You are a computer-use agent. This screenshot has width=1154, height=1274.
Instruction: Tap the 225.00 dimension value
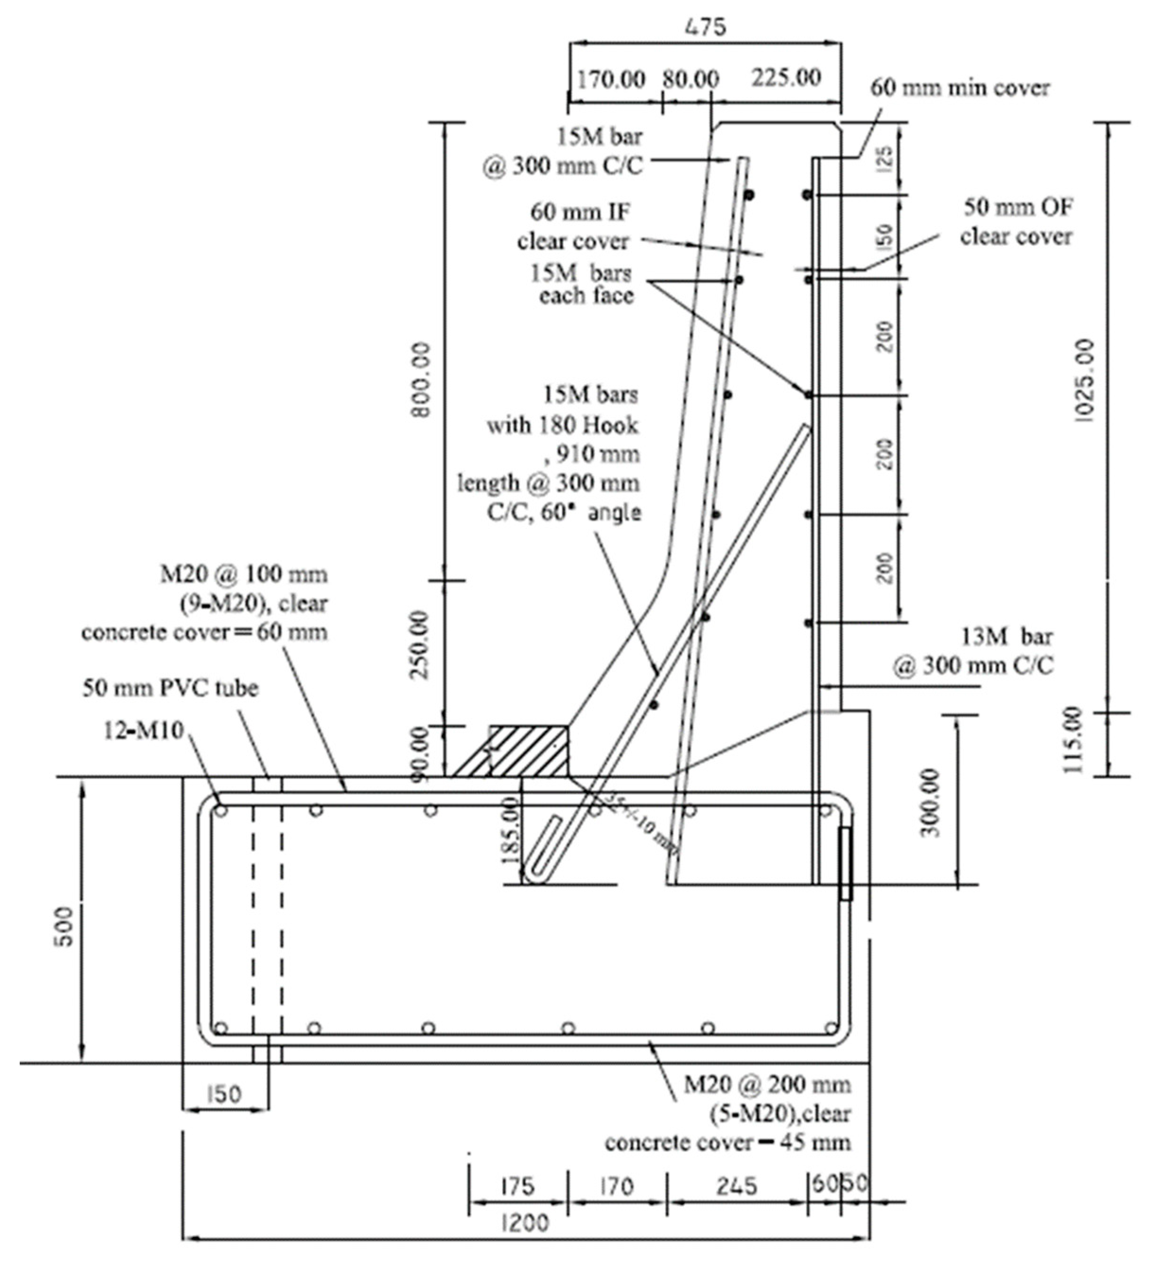point(786,78)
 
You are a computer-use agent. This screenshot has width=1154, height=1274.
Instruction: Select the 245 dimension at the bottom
point(737,1186)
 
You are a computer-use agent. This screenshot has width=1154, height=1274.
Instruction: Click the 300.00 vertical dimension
point(931,803)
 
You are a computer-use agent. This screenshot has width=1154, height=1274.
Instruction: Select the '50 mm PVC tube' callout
point(171,688)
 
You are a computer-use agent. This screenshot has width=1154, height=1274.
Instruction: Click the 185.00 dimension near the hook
point(509,830)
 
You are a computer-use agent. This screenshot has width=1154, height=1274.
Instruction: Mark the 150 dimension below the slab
point(224,1093)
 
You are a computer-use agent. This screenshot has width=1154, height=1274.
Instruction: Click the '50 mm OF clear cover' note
point(1016,222)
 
